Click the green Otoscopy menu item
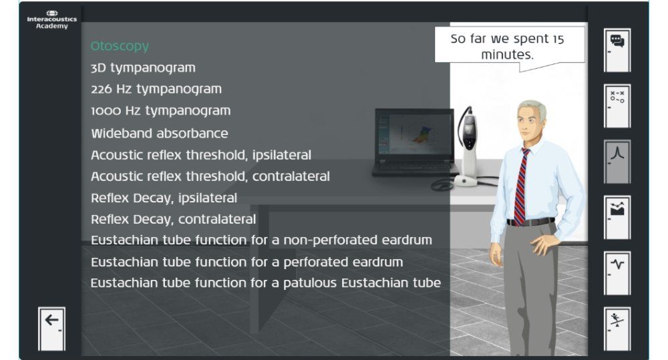pos(120,47)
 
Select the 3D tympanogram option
pos(143,68)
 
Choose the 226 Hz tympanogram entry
pos(156,89)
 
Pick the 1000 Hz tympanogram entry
pos(160,111)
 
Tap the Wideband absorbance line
pos(159,134)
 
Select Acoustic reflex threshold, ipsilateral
pos(200,155)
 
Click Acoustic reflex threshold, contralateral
pos(210,176)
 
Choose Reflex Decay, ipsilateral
pos(164,198)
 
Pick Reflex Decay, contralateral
pos(173,219)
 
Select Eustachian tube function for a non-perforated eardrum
pos(261,240)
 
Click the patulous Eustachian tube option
pos(265,283)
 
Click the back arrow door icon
pos(51,328)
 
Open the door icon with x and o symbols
pos(617,106)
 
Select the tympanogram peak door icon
pos(617,161)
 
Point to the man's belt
pos(531,222)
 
